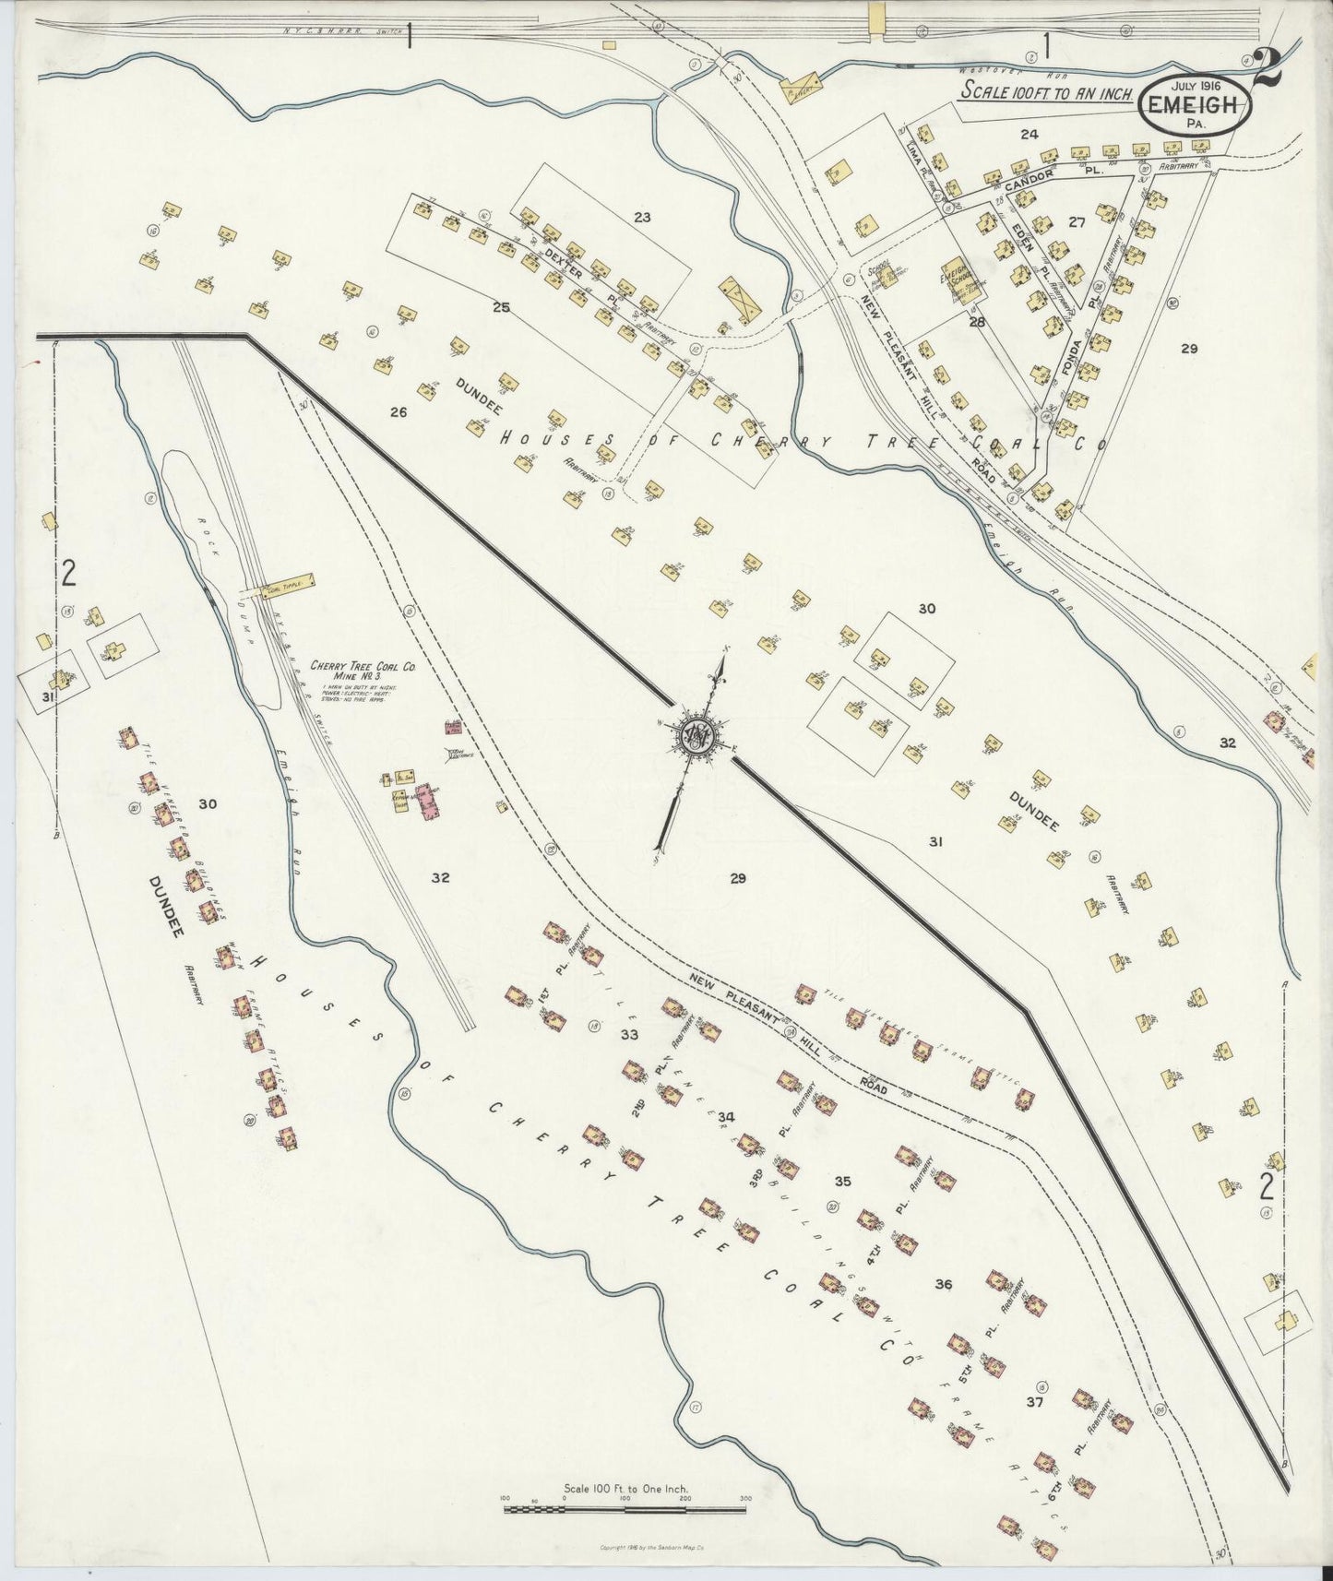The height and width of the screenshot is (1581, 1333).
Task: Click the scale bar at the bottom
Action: (x=625, y=1510)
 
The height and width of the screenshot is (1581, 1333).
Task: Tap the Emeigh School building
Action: (x=964, y=279)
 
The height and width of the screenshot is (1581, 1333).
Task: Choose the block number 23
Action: (x=642, y=218)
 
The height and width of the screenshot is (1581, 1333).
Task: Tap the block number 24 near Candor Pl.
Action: (x=1029, y=135)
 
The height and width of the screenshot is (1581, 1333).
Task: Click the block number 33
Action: (x=629, y=1034)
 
